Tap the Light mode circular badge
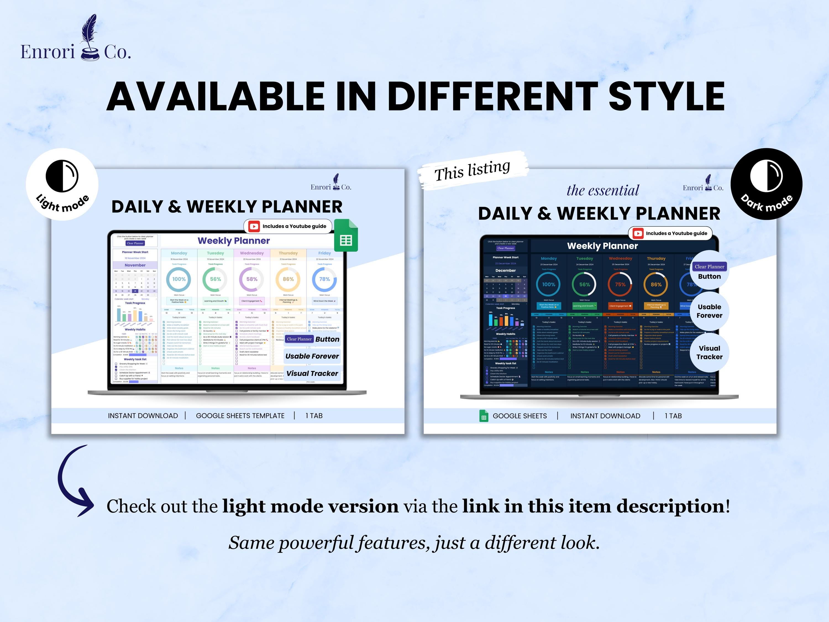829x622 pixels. click(62, 184)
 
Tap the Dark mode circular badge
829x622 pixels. click(767, 184)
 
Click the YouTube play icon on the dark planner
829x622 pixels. click(638, 233)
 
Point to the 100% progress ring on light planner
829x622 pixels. click(179, 279)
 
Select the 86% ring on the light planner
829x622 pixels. click(288, 279)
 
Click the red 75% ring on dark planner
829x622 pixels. click(620, 284)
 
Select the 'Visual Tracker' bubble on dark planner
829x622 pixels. click(709, 352)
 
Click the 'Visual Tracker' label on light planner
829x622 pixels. click(312, 373)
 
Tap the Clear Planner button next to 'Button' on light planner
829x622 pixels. click(299, 339)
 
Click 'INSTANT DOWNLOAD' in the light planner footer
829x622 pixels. click(143, 416)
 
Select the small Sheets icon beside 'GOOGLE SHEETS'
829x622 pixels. click(484, 416)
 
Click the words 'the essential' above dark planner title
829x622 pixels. click(603, 190)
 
